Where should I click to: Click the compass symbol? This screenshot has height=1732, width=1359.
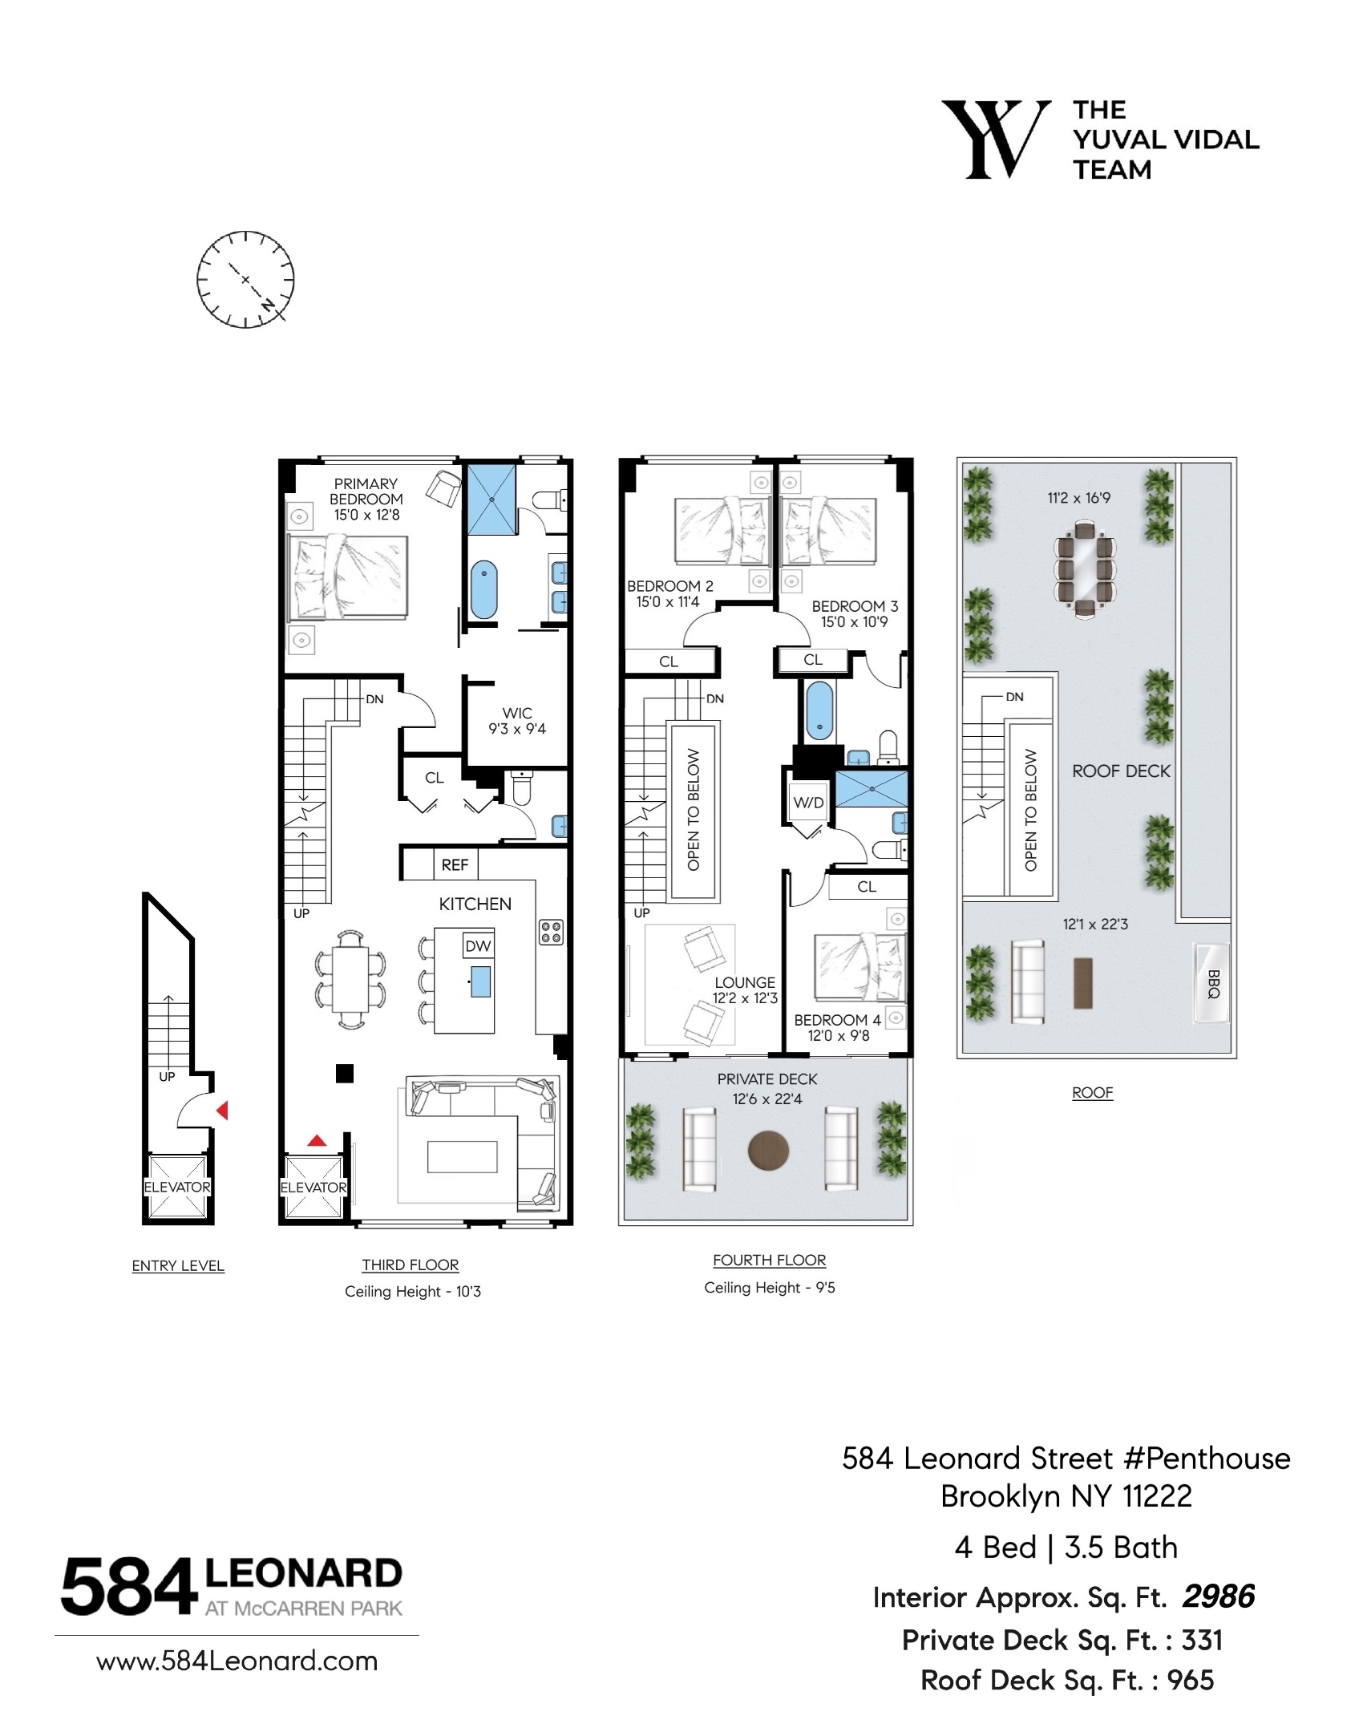(x=245, y=279)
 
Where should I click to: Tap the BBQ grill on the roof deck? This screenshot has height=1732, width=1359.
(x=1211, y=982)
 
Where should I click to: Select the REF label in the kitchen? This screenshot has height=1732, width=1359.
(x=455, y=864)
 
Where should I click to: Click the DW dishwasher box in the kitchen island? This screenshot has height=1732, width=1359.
(x=478, y=946)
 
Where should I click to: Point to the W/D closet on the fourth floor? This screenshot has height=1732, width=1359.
(x=808, y=803)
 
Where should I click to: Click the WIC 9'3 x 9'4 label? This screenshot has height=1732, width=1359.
(x=517, y=721)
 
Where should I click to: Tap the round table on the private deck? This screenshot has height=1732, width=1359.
(x=768, y=1151)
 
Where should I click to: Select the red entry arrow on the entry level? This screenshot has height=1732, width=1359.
(x=222, y=1111)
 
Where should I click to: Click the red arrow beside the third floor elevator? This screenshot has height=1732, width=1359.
(x=318, y=1139)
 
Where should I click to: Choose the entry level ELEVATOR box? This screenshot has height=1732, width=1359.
(x=177, y=1187)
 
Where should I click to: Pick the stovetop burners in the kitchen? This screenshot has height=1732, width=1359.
(x=551, y=931)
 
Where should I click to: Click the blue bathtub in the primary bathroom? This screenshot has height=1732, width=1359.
(x=483, y=589)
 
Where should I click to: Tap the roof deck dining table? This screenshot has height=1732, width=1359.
(x=1084, y=569)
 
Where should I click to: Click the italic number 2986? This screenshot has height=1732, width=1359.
(x=1218, y=1597)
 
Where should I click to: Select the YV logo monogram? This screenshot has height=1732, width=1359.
(x=995, y=139)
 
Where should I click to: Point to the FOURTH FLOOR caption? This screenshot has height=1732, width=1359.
(x=769, y=1260)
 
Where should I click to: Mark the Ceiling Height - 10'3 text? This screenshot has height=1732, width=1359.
(x=412, y=1291)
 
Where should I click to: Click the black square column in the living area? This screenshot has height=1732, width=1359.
(x=344, y=1073)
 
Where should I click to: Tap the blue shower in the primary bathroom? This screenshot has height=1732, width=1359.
(x=491, y=499)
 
